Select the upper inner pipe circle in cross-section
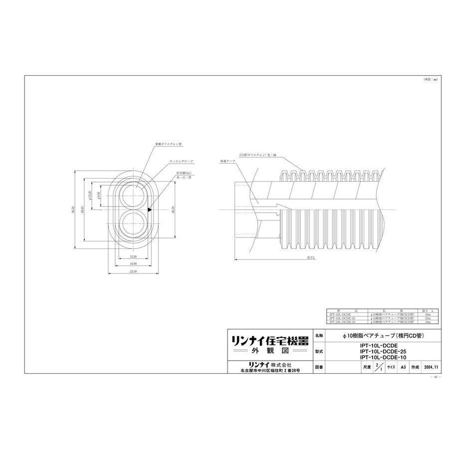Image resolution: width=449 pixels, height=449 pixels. pyautogui.click(x=133, y=195)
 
